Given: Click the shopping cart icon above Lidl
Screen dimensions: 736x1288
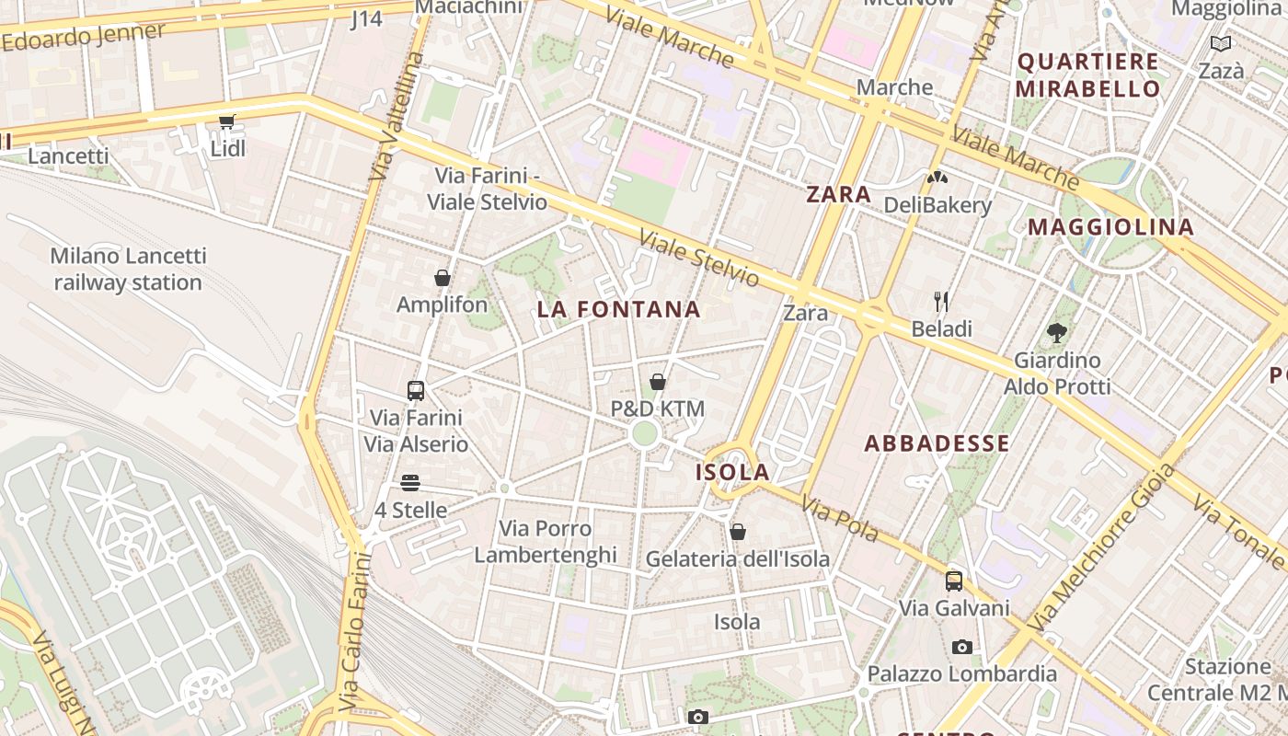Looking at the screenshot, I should [226, 121].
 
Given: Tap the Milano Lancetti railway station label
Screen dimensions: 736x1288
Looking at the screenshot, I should [128, 269].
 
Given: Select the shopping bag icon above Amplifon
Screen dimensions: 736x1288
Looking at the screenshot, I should [443, 278].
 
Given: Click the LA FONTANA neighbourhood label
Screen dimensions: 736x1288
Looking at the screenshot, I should [618, 310].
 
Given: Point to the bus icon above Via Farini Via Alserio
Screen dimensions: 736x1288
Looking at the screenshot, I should [416, 391].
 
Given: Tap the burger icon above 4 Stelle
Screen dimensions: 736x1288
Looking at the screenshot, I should [410, 483].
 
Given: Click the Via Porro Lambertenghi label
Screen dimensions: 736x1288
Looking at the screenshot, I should [546, 541].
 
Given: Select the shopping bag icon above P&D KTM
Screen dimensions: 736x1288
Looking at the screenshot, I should [658, 382].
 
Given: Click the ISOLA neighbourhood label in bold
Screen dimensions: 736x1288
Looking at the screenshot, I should [732, 473].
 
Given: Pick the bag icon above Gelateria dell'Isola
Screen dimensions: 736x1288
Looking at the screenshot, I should [737, 532].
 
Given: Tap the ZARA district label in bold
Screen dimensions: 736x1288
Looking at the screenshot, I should [838, 194].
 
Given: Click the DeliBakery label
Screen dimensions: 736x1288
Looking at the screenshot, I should [937, 205].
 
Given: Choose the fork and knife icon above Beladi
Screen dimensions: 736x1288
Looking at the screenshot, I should [941, 302].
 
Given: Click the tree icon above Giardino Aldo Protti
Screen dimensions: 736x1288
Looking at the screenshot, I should [1057, 333].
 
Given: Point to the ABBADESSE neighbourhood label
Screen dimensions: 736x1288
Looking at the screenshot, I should [937, 443].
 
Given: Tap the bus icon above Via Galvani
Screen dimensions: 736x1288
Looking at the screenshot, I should [954, 581].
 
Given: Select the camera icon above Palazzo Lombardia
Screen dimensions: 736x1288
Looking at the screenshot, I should [962, 647].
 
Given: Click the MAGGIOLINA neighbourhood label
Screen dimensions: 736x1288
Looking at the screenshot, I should [1110, 227].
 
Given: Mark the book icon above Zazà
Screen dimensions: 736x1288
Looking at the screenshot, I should [1221, 43].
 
